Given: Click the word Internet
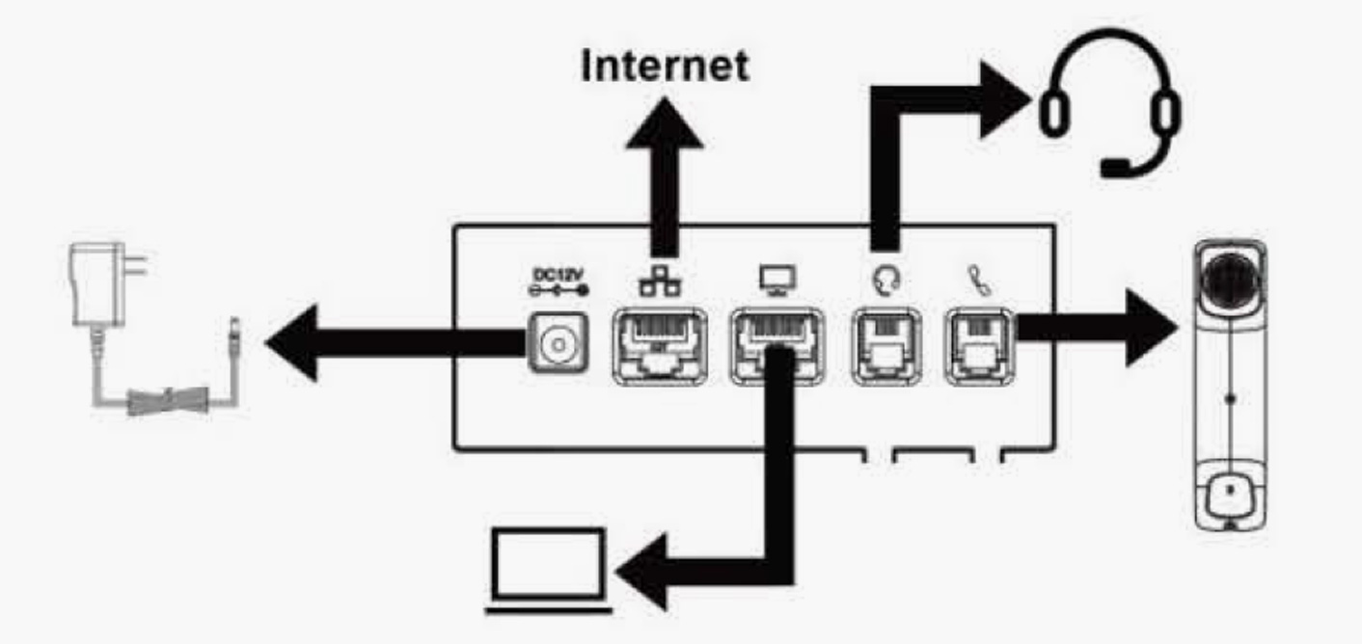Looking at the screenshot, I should click(x=665, y=66).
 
